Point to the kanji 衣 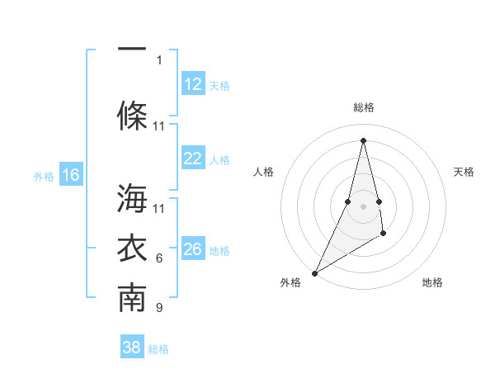click(132, 248)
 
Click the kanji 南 click(132, 299)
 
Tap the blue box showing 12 click(192, 84)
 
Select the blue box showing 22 click(192, 159)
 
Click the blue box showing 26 click(192, 249)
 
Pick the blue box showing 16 click(70, 175)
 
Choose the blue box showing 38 click(131, 348)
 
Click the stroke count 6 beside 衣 click(159, 258)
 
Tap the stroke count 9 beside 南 click(159, 308)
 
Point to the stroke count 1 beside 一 click(159, 59)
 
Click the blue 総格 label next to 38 click(158, 349)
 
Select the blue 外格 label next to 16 click(43, 176)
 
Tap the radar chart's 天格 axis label click(464, 172)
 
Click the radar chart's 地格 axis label click(432, 282)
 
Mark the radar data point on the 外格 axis click(314, 272)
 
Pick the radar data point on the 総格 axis click(363, 140)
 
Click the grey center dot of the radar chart click(363, 206)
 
